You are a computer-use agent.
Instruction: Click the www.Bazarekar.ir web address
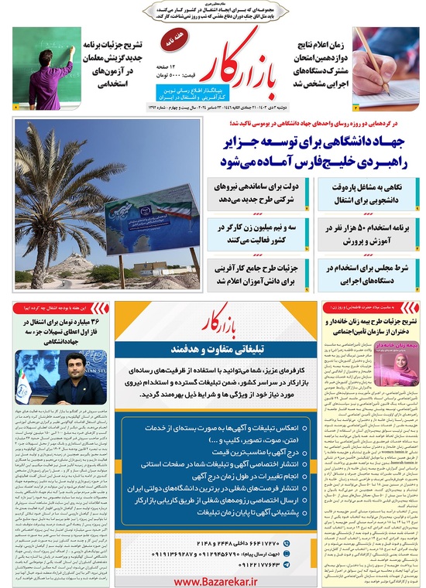[211, 579]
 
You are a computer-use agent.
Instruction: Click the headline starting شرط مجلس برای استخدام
[364, 275]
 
